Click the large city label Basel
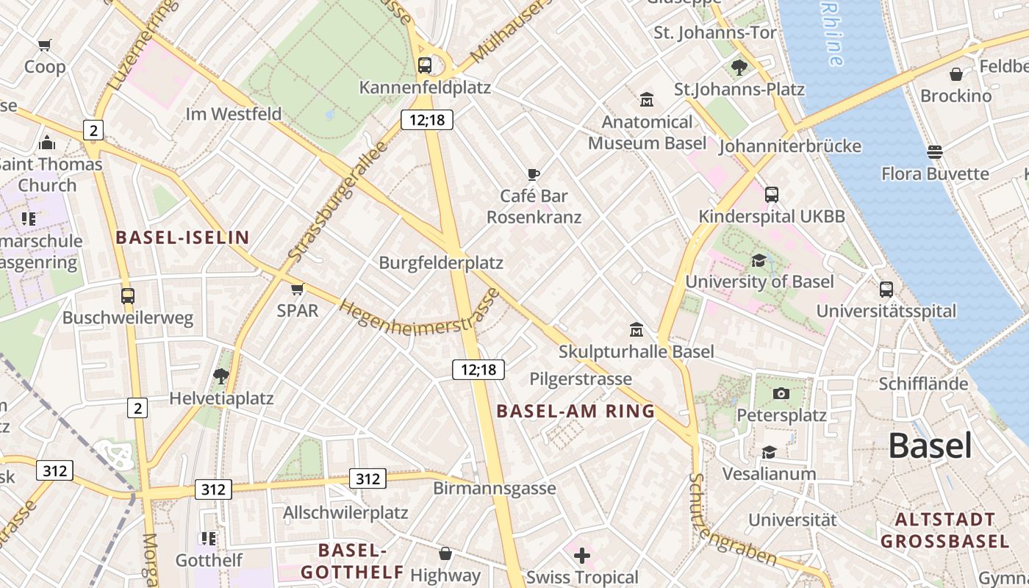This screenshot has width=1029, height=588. point(930,445)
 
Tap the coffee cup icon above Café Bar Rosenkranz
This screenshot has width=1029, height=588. point(534,174)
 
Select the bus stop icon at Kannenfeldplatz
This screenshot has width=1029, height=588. point(425,65)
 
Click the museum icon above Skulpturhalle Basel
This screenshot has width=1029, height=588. point(637,330)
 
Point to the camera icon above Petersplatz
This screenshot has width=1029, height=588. point(781,393)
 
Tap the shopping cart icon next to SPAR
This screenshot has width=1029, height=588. point(297,289)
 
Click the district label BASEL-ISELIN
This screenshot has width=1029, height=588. point(183,237)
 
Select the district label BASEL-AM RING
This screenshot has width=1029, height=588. point(576,411)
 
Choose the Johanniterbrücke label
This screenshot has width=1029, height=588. point(789,146)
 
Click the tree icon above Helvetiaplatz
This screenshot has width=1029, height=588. point(220,377)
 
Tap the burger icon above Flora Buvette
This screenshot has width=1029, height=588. point(935,152)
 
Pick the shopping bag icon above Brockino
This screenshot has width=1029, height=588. point(955,74)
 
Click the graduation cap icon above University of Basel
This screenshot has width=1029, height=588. point(759,261)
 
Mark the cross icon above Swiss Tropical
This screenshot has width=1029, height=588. point(582,555)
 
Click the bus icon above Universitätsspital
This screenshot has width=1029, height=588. point(886,289)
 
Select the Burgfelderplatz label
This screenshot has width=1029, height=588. point(440,262)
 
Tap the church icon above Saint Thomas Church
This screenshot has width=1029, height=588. point(48,142)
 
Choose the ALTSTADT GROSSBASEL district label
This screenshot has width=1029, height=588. point(944,531)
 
